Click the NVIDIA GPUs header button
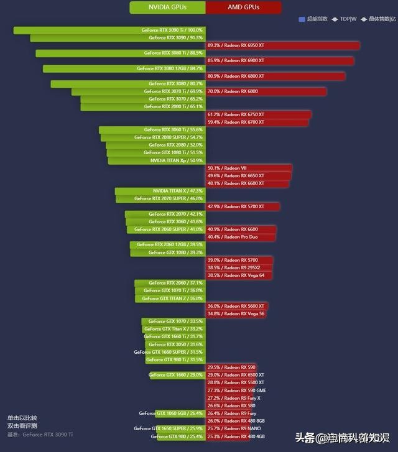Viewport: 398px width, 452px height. coord(167,7)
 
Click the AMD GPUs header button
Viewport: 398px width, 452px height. coord(243,7)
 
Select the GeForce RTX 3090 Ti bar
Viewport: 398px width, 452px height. coord(109,30)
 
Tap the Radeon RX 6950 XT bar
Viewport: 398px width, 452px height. coord(282,45)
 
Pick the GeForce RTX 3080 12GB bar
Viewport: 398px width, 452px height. coord(124,68)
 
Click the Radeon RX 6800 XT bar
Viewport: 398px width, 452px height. coord(275,76)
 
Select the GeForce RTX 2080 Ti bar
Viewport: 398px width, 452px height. coord(142,107)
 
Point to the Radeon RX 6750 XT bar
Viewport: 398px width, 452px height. coord(258,114)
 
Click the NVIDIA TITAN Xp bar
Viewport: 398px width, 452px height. coord(156,160)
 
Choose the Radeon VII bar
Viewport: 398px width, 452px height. coord(248,168)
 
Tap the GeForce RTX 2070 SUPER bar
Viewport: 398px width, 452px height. coord(160,199)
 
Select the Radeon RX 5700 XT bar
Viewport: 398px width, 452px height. coord(243,206)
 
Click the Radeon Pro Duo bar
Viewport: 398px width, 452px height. coord(240,237)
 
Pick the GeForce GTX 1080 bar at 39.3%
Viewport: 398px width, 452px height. coord(167,252)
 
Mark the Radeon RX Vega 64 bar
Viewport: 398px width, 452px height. coord(239,275)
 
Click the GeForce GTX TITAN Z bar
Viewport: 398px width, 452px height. coord(170,298)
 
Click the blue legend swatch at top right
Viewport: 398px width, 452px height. coord(302,19)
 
